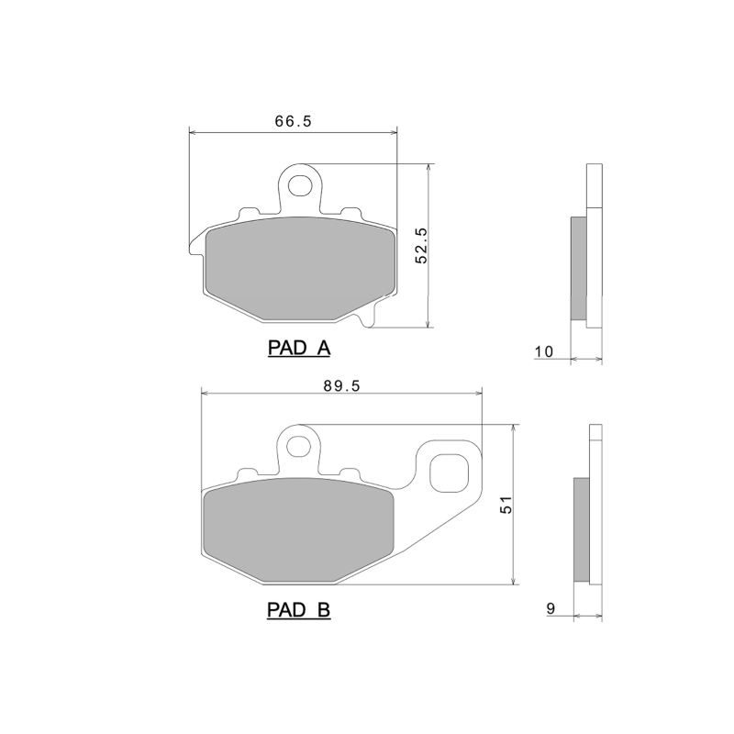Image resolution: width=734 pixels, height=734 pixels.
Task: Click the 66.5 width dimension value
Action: tap(292, 121)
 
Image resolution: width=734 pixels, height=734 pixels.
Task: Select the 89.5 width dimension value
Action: tap(339, 386)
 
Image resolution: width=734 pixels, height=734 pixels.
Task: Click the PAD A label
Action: tap(298, 349)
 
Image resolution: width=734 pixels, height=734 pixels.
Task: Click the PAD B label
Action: tap(298, 609)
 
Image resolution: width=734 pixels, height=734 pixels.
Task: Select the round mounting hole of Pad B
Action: tap(297, 447)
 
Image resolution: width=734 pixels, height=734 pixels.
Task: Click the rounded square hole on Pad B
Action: tap(450, 473)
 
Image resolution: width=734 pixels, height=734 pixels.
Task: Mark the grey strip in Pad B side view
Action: tap(582, 529)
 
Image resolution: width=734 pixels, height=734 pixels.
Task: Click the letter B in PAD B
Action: tap(323, 609)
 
